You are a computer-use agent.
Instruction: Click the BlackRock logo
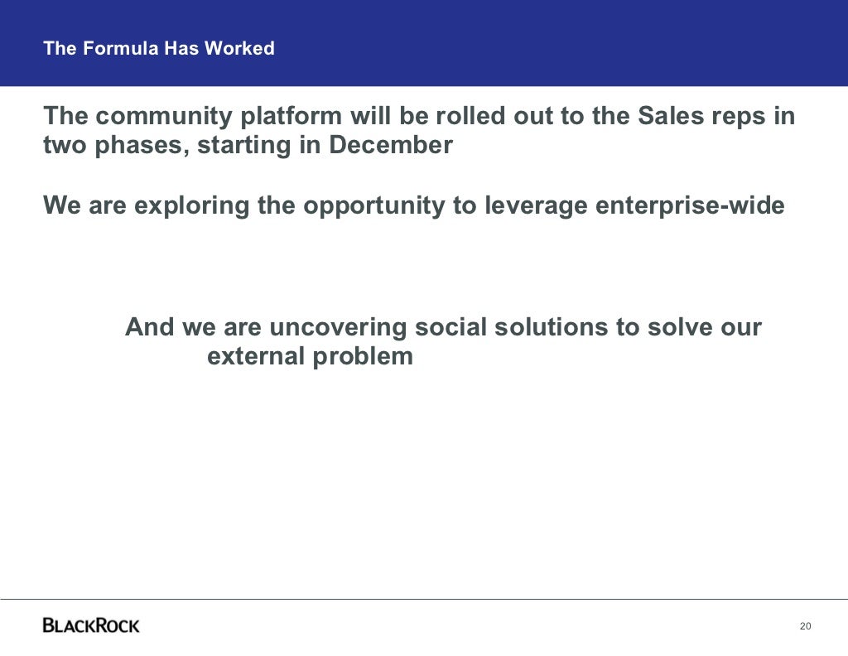point(91,625)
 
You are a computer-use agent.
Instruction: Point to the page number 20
point(805,625)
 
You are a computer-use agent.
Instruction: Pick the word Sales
point(670,117)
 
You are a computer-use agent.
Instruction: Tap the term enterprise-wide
point(690,205)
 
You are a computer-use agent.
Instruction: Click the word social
point(450,327)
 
